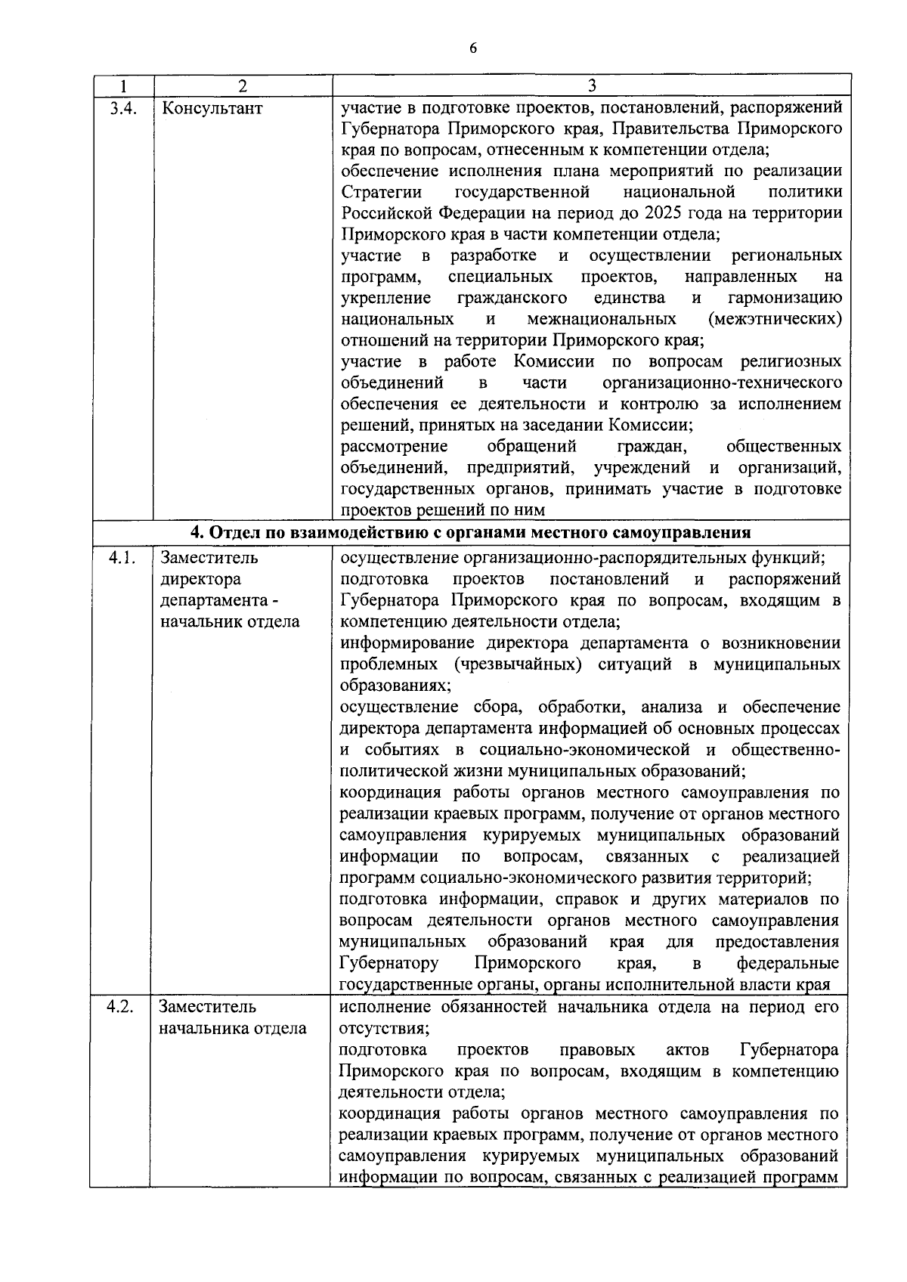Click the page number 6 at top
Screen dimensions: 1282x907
click(x=473, y=48)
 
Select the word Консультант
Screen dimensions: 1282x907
click(x=212, y=108)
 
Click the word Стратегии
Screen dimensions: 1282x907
click(x=381, y=192)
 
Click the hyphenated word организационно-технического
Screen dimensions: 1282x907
click(x=723, y=383)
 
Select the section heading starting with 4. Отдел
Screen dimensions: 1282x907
click(x=470, y=532)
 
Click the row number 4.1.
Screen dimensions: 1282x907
click(x=122, y=558)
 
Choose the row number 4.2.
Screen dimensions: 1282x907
click(x=121, y=1007)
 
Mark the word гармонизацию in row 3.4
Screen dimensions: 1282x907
click(x=785, y=298)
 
